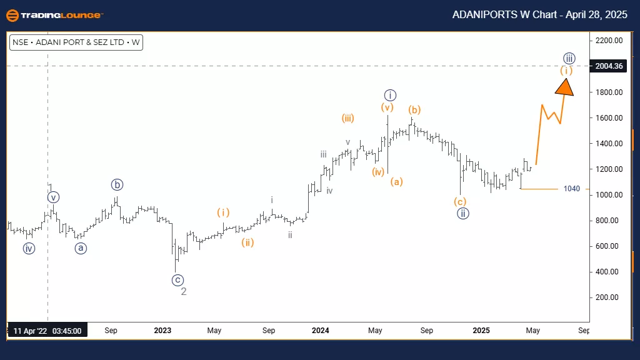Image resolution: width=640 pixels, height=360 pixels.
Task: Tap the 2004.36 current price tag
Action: tap(609, 66)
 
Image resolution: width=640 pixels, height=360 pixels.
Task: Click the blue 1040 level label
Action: tap(571, 189)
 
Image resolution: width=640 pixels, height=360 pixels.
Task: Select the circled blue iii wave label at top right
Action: tap(568, 58)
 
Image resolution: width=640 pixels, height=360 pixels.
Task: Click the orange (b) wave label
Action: tap(414, 110)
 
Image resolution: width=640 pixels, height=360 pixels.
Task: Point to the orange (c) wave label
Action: tap(460, 201)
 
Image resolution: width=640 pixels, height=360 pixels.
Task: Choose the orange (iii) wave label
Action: tap(349, 117)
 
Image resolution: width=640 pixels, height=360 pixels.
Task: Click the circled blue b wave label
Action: tap(117, 185)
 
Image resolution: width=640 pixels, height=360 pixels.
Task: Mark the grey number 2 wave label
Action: tap(184, 291)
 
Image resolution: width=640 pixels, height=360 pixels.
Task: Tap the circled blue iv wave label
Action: tap(29, 249)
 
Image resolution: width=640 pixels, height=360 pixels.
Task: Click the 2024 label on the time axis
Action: tap(321, 330)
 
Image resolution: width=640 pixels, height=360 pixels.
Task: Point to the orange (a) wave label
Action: tap(396, 182)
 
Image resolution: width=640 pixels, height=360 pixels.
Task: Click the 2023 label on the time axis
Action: tap(162, 330)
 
